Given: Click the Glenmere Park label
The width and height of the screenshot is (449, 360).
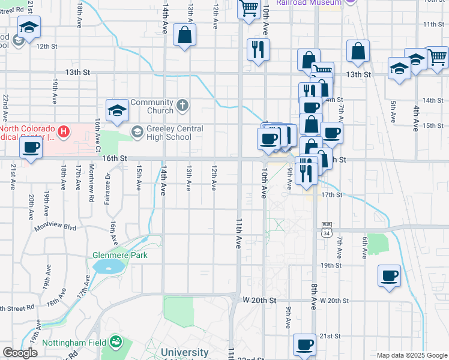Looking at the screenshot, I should click(119, 255).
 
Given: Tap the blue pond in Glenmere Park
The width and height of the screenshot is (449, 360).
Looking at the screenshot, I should click(106, 266).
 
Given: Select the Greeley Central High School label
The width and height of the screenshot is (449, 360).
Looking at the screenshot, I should click(168, 133).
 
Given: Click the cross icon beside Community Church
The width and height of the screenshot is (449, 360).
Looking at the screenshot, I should click(182, 106).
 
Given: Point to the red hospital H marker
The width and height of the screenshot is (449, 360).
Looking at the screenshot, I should click(63, 131).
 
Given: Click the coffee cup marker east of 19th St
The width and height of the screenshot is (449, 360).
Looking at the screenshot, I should click(389, 275).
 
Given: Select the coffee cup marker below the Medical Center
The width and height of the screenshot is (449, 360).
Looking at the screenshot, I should click(31, 148).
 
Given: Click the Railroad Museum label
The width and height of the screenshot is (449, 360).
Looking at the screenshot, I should click(309, 2).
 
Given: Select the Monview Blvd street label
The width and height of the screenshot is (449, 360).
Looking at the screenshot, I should click(56, 227).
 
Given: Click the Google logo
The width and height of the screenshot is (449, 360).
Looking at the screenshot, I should click(20, 353).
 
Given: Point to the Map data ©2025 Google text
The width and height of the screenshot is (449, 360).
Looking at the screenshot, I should click(412, 355).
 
